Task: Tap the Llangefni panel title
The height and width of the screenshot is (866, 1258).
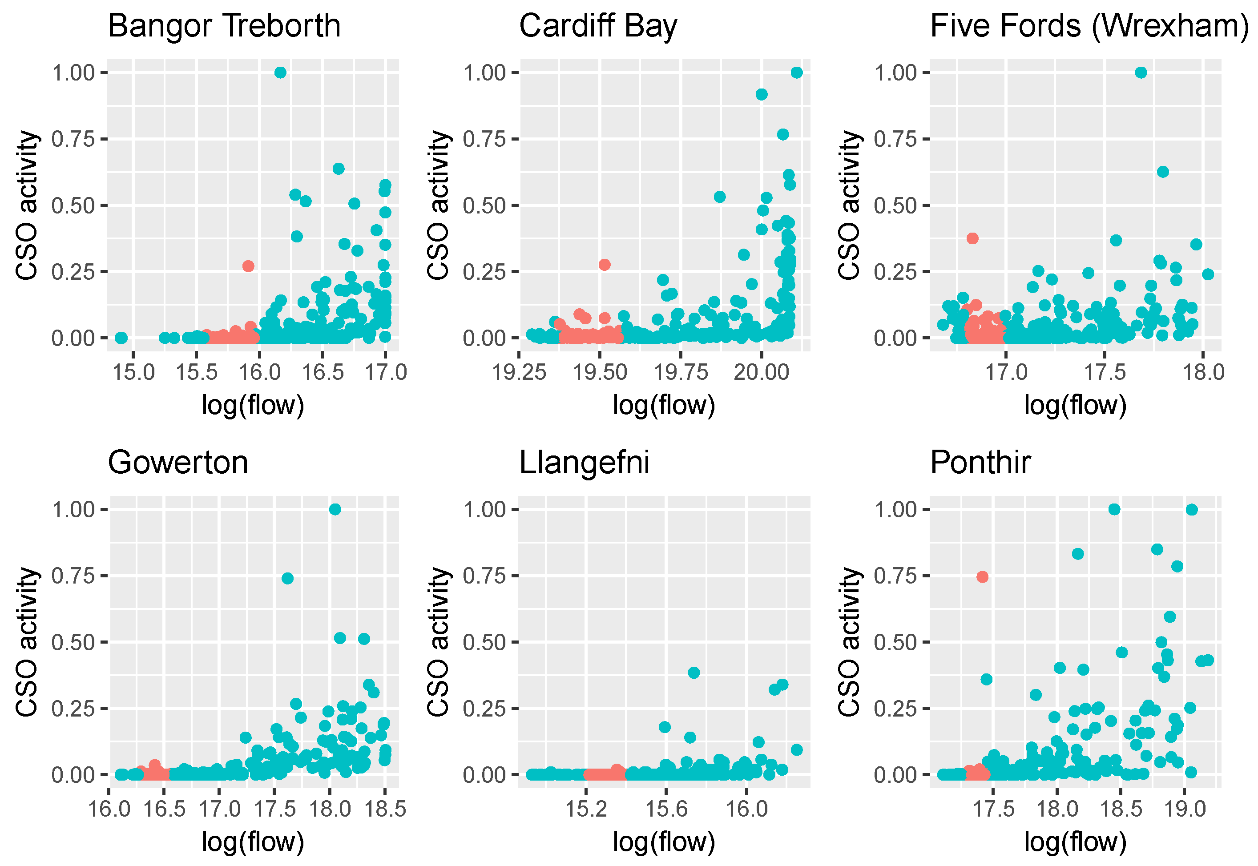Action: (x=584, y=463)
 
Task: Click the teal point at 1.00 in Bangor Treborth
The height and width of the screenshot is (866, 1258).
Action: (x=280, y=73)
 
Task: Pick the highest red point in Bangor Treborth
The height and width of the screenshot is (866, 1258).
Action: (x=248, y=266)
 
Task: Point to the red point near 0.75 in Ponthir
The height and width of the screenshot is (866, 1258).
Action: (x=982, y=577)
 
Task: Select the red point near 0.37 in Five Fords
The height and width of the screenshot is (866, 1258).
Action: (x=972, y=238)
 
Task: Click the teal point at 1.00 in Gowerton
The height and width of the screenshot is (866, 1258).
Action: (x=335, y=509)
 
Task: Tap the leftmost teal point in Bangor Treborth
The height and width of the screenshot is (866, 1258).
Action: (x=121, y=338)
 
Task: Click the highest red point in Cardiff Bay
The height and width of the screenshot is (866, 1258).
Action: (x=604, y=265)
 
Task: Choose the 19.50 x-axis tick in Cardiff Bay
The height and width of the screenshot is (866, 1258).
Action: (x=600, y=372)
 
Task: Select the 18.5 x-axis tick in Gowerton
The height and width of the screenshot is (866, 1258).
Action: (x=385, y=809)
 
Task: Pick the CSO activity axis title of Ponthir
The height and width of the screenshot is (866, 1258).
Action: (x=849, y=642)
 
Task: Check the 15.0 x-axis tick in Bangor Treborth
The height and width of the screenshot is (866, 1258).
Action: (x=133, y=372)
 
